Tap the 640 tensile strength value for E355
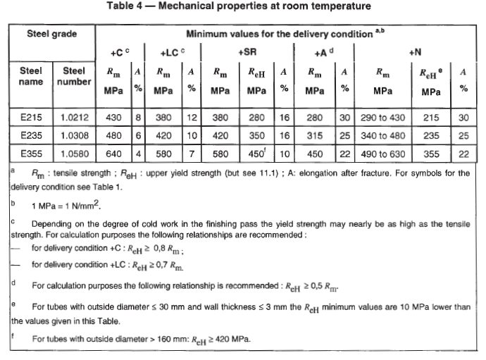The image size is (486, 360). click(x=113, y=153)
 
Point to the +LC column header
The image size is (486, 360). click(x=172, y=52)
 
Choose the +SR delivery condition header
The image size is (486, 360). click(x=251, y=52)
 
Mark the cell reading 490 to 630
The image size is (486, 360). click(x=383, y=153)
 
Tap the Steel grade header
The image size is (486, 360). click(x=52, y=34)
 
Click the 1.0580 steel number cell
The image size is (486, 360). click(x=75, y=153)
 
